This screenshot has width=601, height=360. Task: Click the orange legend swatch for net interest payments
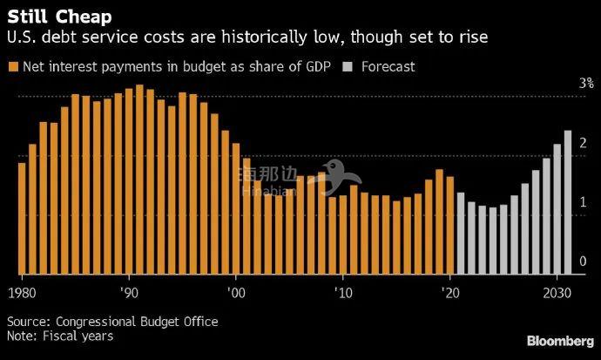(x=13, y=66)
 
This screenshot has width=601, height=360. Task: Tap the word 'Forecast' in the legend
(x=387, y=66)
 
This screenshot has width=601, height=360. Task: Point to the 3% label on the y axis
(x=586, y=84)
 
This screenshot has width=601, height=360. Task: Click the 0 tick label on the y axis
(x=584, y=262)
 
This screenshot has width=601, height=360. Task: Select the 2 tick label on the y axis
(x=584, y=143)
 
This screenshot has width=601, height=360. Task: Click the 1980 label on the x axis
(x=21, y=290)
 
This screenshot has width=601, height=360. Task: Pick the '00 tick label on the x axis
(x=235, y=290)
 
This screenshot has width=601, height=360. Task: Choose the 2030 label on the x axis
(x=557, y=290)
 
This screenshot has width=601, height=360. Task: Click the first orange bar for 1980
(x=22, y=218)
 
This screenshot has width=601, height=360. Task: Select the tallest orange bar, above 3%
(x=139, y=179)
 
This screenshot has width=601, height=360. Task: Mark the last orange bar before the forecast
(x=450, y=225)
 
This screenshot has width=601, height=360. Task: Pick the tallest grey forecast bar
(x=568, y=201)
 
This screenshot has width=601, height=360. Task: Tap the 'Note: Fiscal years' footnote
(x=60, y=336)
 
